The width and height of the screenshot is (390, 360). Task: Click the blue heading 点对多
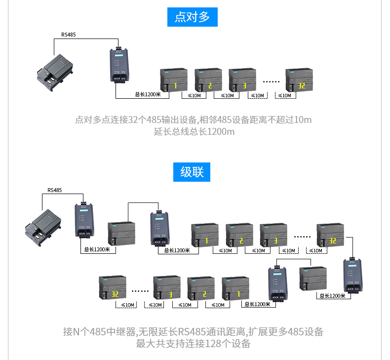(192, 17)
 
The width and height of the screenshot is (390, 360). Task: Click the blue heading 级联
(192, 172)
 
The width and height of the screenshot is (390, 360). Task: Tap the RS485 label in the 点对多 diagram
(69, 35)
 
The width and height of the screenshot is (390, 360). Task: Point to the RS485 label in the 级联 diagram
(55, 190)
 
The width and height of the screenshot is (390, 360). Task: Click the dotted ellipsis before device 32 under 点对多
(271, 81)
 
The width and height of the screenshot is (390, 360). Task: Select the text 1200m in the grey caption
(221, 132)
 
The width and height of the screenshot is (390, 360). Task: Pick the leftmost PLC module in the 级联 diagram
(44, 228)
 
